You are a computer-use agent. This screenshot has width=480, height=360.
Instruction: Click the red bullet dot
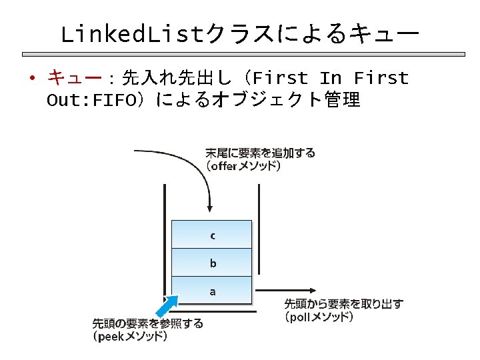pos(31,79)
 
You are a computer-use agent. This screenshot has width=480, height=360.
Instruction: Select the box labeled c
pos(212,235)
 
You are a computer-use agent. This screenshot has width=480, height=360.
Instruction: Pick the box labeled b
pos(212,263)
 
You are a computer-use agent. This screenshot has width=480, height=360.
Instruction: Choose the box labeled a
pos(212,291)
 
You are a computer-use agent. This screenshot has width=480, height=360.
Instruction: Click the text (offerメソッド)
pos(244,166)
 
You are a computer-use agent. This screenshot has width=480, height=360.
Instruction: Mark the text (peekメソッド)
pos(130,337)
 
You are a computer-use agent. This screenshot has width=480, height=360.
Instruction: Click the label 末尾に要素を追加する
pos(260,153)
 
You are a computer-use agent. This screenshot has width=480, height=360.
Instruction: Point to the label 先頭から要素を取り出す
pos(344,304)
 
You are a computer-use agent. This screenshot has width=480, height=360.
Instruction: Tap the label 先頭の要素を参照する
pos(148,323)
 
